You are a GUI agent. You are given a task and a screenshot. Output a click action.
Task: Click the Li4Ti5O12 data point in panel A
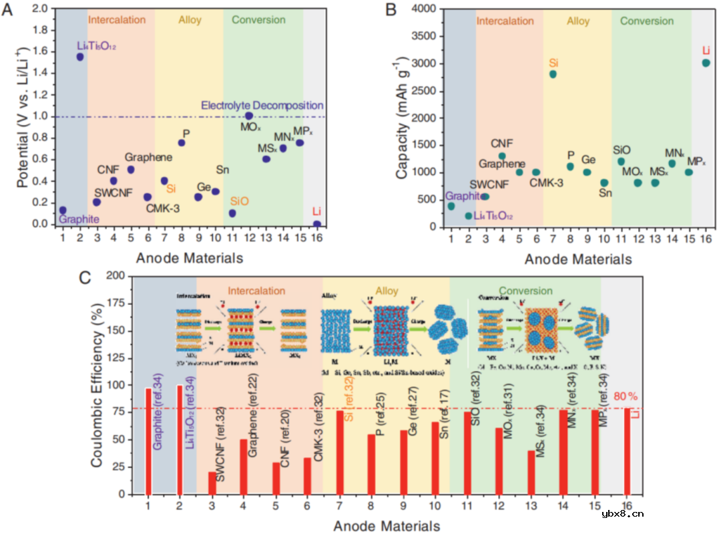tap(80, 57)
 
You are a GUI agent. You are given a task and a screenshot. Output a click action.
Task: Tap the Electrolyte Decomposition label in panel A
tap(262, 106)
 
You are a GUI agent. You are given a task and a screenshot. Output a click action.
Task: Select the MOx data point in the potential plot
tap(249, 116)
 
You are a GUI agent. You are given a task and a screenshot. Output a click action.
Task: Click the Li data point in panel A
tap(316, 224)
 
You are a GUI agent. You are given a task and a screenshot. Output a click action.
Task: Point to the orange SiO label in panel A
tap(239, 201)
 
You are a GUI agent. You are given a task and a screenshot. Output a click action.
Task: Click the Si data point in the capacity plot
tap(553, 74)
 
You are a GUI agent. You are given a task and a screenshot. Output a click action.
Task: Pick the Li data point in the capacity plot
tap(706, 63)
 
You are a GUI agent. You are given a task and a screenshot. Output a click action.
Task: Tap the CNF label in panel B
tap(501, 143)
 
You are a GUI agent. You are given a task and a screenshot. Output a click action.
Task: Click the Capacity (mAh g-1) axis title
tap(402, 117)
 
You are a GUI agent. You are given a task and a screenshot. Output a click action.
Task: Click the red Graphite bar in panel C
tap(149, 441)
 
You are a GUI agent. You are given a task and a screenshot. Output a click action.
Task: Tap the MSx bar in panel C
tap(531, 473)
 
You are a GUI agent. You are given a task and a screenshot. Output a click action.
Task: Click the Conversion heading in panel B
tap(647, 21)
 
